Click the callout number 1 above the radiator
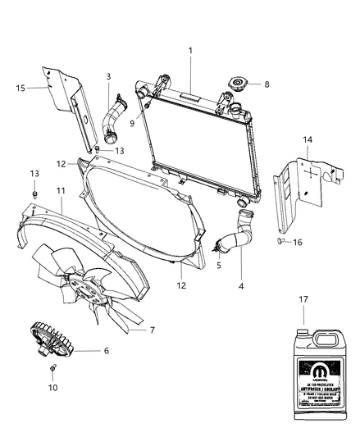tap(190, 50)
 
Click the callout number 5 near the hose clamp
tap(218, 266)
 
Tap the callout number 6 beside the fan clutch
tap(105, 350)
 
